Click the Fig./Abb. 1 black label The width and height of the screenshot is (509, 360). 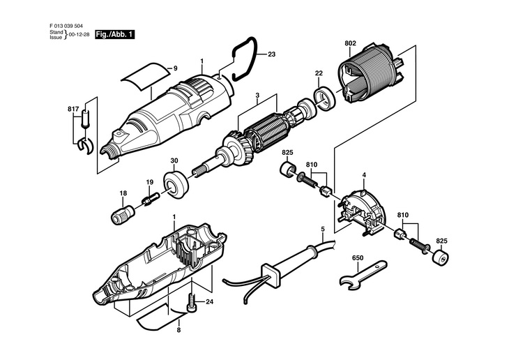pos(114,34)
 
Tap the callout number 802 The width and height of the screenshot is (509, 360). pos(350,43)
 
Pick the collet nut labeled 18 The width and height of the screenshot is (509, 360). pos(123,214)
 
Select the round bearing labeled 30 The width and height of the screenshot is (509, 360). pos(176,184)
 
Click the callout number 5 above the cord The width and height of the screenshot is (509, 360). pos(323,229)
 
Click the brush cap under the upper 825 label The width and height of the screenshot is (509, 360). pos(287,168)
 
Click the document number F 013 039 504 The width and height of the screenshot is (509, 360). pos(66,26)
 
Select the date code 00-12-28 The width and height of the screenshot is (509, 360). pos(79,35)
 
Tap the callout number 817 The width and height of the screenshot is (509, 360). pos(73,109)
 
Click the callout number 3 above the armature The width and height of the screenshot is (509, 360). pos(257,95)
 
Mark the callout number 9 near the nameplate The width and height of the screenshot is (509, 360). pos(175,68)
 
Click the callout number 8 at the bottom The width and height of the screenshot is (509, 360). pos(178,331)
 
